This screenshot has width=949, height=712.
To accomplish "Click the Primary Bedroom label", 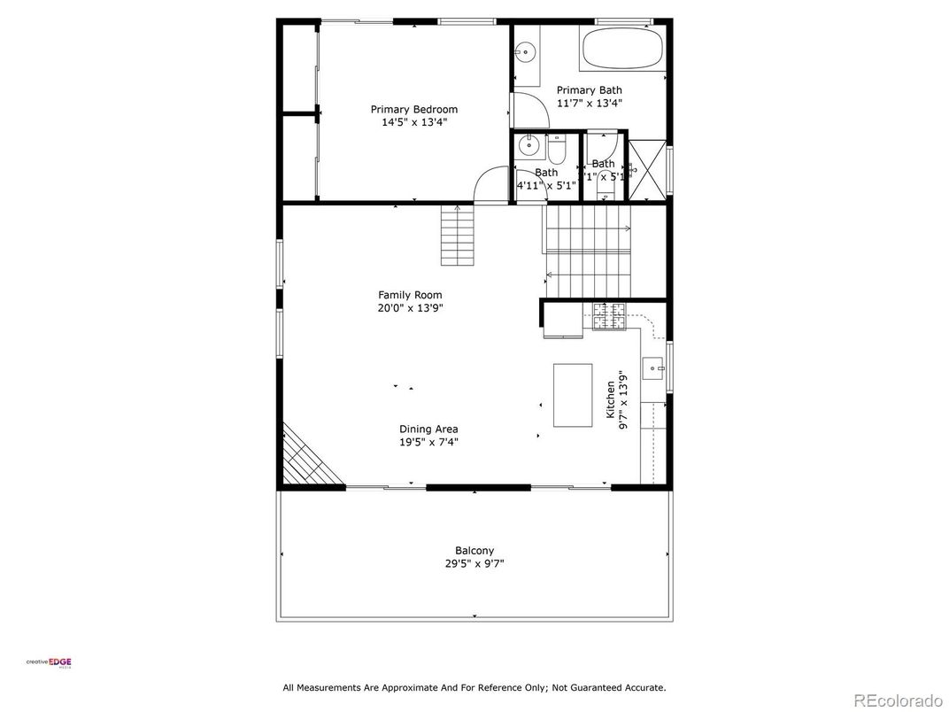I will (414, 110).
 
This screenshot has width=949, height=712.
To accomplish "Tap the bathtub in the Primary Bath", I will (623, 48).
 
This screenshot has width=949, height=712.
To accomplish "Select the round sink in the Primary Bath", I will (526, 52).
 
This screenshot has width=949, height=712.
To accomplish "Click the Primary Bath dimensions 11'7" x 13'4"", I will (590, 103).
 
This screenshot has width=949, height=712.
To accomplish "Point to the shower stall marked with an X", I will (647, 166).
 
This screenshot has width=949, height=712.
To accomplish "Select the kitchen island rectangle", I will (573, 395).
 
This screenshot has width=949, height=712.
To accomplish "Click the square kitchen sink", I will (652, 366).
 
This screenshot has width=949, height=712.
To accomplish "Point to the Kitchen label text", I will (611, 399).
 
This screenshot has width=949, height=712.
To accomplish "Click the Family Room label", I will (410, 295).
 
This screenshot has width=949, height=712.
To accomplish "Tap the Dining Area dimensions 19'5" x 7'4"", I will (428, 442).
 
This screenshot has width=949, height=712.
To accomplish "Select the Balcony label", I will (474, 550).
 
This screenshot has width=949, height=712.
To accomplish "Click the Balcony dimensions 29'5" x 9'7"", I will (474, 563).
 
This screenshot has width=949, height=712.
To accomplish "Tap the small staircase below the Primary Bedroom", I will (458, 235).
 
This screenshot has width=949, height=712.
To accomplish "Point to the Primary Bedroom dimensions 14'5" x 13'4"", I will (414, 123).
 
